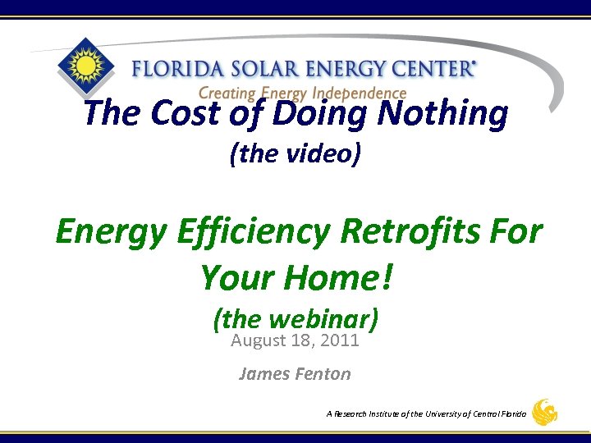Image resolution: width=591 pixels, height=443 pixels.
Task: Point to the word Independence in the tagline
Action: [361, 94]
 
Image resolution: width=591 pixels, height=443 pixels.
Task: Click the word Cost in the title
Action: [186, 113]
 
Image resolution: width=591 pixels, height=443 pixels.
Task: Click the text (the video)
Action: [295, 153]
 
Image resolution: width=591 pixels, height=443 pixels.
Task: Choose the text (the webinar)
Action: [295, 318]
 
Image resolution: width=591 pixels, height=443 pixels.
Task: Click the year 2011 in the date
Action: [340, 340]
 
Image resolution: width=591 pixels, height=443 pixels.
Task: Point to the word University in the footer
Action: [439, 414]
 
